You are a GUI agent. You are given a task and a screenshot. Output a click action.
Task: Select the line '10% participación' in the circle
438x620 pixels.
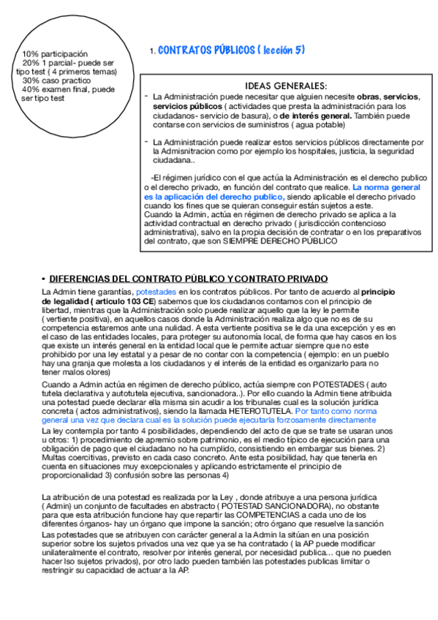pyautogui.click(x=55, y=54)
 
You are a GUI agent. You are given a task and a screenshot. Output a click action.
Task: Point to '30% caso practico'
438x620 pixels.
pyautogui.click(x=56, y=80)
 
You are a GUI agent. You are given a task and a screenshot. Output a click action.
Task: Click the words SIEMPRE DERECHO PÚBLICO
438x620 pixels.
pyautogui.click(x=294, y=241)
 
